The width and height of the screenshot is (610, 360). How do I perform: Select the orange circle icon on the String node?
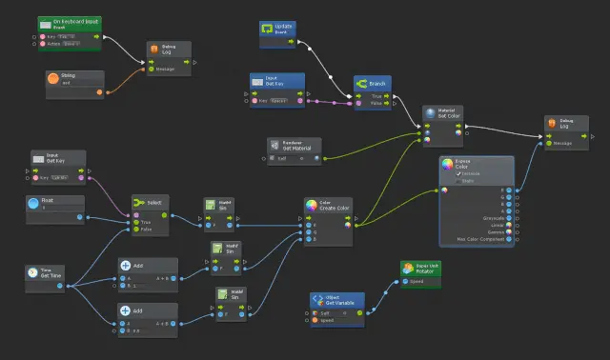(53, 78)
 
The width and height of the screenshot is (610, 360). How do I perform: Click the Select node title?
(155, 202)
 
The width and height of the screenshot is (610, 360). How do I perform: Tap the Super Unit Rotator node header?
(426, 268)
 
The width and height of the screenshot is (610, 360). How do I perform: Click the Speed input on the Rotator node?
(417, 281)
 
